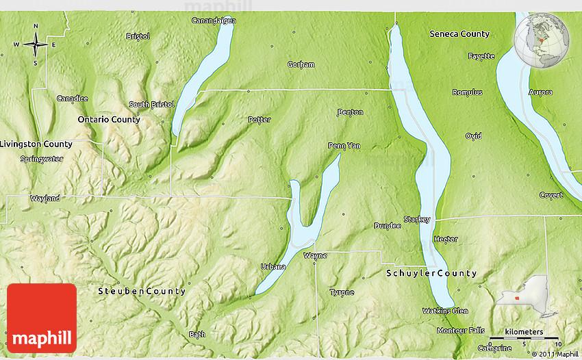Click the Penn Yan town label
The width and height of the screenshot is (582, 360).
tap(344, 146)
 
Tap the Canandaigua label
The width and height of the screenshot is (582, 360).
tap(213, 21)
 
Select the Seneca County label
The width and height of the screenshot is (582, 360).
tap(459, 34)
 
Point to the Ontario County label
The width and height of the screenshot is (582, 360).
tap(109, 119)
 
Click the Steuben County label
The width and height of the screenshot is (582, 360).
tap(142, 291)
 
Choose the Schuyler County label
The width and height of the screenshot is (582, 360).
tap(431, 273)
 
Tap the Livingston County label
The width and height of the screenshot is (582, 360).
tap(36, 144)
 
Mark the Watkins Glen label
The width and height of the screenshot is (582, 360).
tap(445, 311)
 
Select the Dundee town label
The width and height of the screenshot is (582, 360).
tap(388, 226)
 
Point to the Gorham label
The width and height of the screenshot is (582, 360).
tap(301, 65)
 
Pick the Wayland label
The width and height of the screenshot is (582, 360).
tap(45, 198)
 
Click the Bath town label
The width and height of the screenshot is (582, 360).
tap(197, 335)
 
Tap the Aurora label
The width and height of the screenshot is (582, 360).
tap(541, 92)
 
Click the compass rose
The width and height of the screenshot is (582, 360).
tap(36, 45)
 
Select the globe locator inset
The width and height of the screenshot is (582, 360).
tap(542, 41)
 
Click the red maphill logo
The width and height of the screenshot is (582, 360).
tap(42, 318)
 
